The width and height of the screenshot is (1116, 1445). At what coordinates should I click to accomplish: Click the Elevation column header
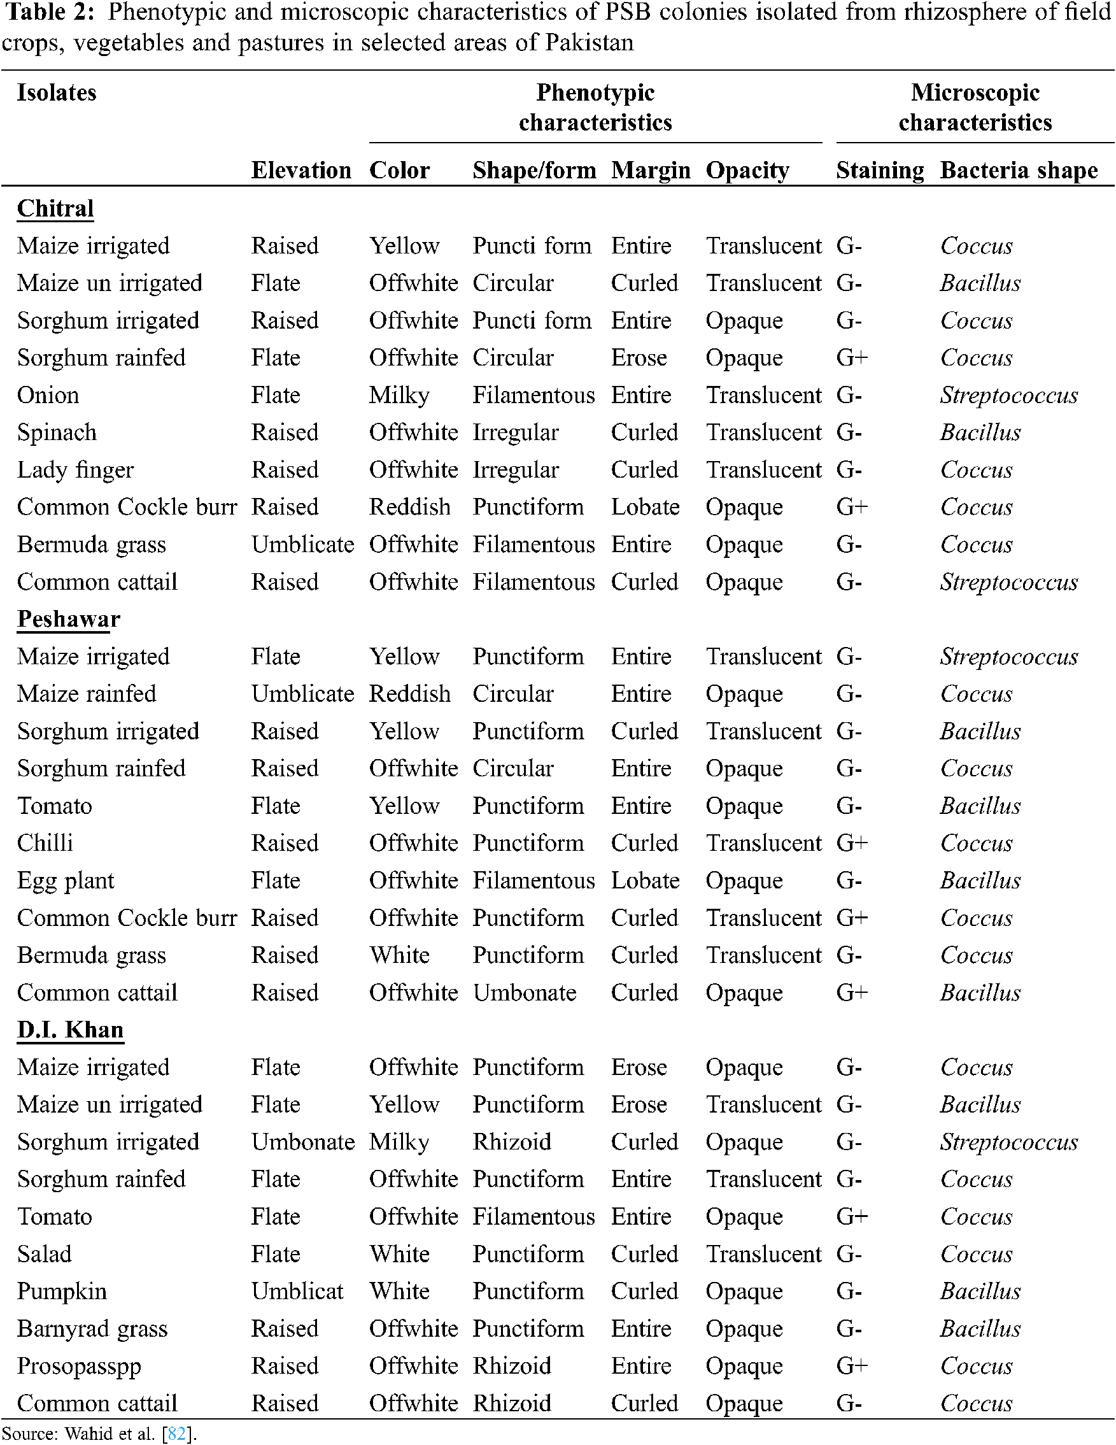coord(301,170)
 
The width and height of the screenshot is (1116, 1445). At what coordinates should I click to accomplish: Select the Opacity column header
coord(747,170)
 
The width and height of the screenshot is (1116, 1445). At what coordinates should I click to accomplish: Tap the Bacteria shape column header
coord(1018,170)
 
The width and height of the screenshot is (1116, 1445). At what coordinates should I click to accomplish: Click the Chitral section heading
coord(55,208)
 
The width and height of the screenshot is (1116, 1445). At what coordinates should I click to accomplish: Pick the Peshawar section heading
coord(68,618)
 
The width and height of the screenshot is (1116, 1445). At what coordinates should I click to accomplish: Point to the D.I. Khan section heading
coord(70,1030)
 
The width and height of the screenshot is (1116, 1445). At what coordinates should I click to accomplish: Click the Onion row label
coord(48,395)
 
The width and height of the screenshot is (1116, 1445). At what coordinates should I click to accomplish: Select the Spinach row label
coord(57,432)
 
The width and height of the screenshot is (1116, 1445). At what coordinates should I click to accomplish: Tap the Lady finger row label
coord(75,470)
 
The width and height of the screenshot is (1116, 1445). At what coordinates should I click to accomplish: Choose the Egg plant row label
coord(66,881)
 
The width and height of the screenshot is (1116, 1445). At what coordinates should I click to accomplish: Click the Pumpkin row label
coord(62,1291)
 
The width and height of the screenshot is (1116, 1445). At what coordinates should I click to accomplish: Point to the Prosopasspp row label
coord(79,1365)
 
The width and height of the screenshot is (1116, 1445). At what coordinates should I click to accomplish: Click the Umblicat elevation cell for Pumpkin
coord(297,1291)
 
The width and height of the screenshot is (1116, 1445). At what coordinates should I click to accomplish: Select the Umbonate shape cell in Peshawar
coord(524,992)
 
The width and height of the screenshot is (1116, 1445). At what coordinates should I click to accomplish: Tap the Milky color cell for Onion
coord(399,395)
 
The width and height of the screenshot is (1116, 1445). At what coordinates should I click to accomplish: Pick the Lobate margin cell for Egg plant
coord(645,881)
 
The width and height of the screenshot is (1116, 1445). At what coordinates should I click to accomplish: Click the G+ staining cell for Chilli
coord(851,843)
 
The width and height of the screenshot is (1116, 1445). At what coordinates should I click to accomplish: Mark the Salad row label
coord(44,1254)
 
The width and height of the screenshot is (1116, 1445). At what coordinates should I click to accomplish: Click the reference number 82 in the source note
coord(176,1434)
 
